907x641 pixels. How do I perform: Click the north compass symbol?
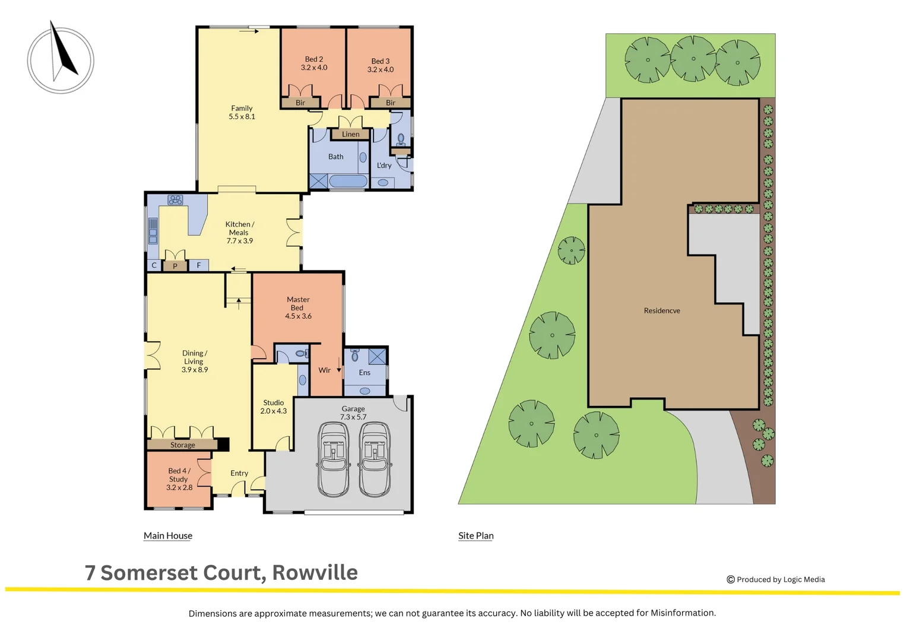click(x=61, y=60)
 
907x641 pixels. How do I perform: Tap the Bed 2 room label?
click(x=314, y=64)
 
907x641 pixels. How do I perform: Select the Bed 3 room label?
click(x=380, y=65)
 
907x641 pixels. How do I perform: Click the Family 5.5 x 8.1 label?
click(x=242, y=113)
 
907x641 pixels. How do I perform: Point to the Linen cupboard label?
click(x=350, y=134)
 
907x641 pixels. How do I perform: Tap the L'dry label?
click(x=384, y=166)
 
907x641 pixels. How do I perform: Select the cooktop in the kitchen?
click(x=175, y=200)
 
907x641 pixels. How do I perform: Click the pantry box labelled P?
click(x=175, y=266)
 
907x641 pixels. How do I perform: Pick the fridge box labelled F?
click(x=199, y=265)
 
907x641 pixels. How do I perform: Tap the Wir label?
click(x=325, y=370)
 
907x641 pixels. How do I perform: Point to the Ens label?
click(x=364, y=373)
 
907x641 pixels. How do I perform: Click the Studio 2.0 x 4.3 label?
click(x=274, y=407)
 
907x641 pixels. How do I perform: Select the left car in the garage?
click(x=333, y=459)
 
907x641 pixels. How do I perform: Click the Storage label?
click(x=183, y=445)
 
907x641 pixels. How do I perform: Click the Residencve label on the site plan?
click(x=662, y=310)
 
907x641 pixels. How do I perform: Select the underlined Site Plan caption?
click(x=475, y=535)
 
